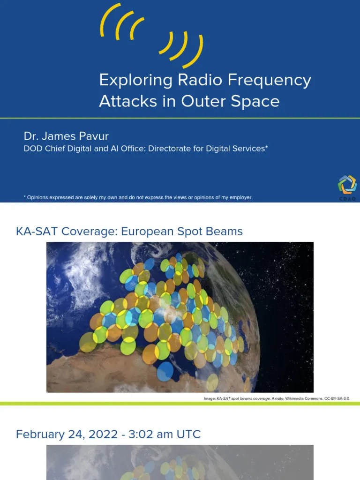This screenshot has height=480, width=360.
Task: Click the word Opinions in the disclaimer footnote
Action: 38,197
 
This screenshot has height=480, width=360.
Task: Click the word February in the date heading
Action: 39,435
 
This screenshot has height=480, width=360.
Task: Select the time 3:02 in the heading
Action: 138,435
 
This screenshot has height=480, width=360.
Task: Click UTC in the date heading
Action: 188,435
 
